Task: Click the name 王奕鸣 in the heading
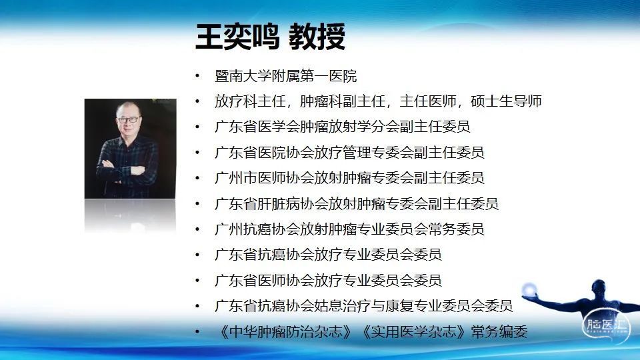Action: point(237,37)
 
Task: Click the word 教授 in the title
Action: point(317,37)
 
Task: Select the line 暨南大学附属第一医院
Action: point(286,76)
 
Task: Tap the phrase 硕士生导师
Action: point(506,101)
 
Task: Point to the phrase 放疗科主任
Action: point(250,101)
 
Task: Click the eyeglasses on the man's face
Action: point(128,120)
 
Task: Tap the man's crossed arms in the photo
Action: point(123,171)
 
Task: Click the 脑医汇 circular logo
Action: point(606,325)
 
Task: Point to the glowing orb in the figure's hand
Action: point(529,290)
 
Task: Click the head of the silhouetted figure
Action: point(599,287)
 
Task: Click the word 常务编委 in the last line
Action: point(499,331)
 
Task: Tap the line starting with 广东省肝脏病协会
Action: point(356,204)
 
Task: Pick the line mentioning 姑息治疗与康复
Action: point(363,306)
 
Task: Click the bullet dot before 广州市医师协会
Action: point(197,178)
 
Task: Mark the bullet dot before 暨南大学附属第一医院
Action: point(197,76)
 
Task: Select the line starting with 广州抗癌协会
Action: point(349,229)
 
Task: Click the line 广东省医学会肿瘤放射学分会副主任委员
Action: point(343,127)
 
